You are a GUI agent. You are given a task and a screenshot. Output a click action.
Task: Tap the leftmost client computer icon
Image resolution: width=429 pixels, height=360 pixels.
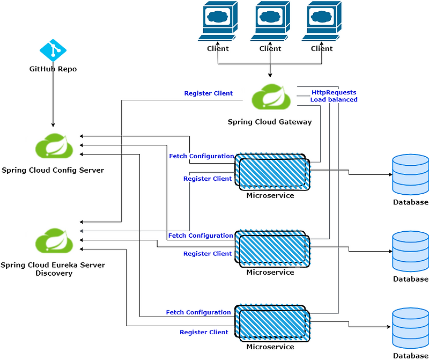218,21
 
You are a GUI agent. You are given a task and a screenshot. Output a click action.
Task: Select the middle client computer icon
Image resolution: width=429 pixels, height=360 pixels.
270,21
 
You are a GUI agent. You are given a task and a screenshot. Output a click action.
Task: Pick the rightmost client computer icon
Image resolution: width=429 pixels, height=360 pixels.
322,21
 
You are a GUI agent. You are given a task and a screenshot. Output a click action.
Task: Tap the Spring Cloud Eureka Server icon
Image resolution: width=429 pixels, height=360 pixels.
54,241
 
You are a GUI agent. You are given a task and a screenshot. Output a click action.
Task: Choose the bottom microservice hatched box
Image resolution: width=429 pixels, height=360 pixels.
272,325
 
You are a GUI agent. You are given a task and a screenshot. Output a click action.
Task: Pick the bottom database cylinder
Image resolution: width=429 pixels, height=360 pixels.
410,328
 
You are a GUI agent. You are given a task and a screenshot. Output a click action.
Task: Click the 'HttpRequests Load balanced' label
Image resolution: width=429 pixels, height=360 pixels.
334,96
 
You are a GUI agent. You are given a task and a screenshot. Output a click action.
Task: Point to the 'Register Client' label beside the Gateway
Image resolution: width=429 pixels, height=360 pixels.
208,93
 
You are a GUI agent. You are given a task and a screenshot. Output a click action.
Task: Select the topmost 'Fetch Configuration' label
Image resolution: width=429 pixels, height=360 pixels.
202,156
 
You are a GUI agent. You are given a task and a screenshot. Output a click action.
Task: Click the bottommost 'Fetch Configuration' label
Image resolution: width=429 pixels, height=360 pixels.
198,312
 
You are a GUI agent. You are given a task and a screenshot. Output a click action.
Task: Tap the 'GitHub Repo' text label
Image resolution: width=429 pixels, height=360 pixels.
53,69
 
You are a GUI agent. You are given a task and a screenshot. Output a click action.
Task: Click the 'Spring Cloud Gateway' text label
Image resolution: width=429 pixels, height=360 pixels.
270,122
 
